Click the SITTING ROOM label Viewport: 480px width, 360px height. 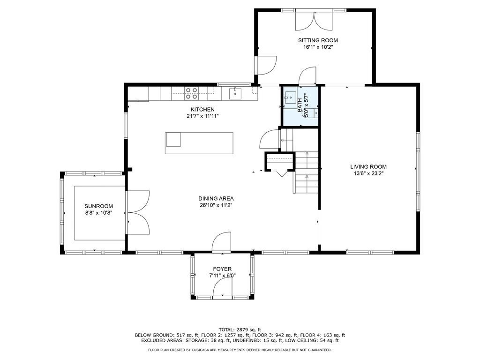pyautogui.click(x=318, y=40)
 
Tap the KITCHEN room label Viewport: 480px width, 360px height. pyautogui.click(x=202, y=110)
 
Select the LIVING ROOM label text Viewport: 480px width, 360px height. pyautogui.click(x=368, y=167)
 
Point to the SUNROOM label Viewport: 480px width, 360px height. pyautogui.click(x=98, y=206)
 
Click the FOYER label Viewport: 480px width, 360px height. pyautogui.click(x=222, y=269)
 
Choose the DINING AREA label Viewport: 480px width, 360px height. pyautogui.click(x=216, y=199)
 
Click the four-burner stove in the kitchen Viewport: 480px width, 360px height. pyautogui.click(x=191, y=93)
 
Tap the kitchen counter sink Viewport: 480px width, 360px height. pyautogui.click(x=235, y=94)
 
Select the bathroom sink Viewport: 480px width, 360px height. pyautogui.click(x=290, y=97)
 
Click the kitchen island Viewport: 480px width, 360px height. pyautogui.click(x=199, y=143)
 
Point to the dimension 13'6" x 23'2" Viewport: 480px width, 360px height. pyautogui.click(x=368, y=173)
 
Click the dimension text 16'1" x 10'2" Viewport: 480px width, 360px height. pyautogui.click(x=318, y=47)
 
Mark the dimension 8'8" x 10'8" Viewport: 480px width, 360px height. pyautogui.click(x=99, y=213)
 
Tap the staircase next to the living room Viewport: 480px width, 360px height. pyautogui.click(x=307, y=172)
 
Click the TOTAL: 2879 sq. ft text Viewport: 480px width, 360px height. pyautogui.click(x=240, y=330)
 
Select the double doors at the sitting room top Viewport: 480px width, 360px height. pyautogui.click(x=314, y=20)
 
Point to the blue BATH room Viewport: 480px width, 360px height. pyautogui.click(x=300, y=106)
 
